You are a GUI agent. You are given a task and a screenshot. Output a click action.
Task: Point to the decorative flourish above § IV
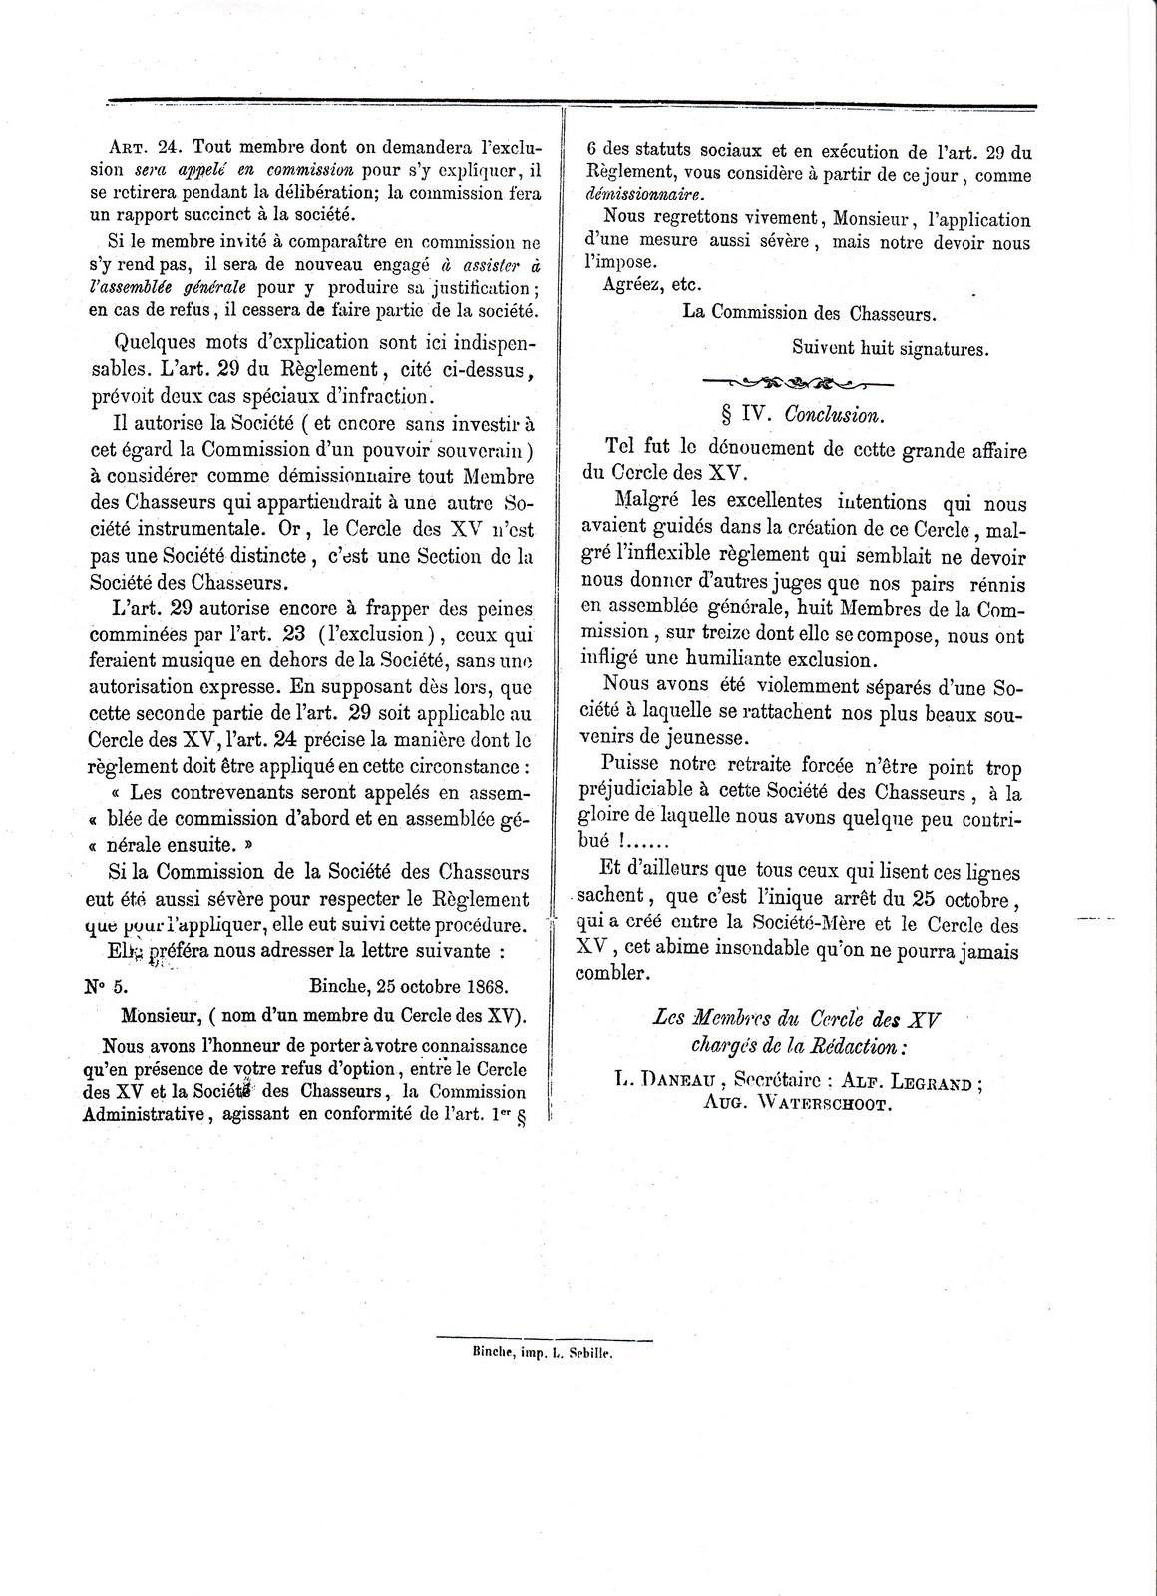coord(798,382)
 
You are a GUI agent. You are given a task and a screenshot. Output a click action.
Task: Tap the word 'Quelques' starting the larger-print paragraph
coord(157,343)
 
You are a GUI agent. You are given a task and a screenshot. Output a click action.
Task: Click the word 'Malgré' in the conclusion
coord(648,503)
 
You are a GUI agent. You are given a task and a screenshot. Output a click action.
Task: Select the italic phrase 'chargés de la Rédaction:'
coord(798,1045)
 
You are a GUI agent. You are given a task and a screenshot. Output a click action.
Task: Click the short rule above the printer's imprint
coord(546,1339)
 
